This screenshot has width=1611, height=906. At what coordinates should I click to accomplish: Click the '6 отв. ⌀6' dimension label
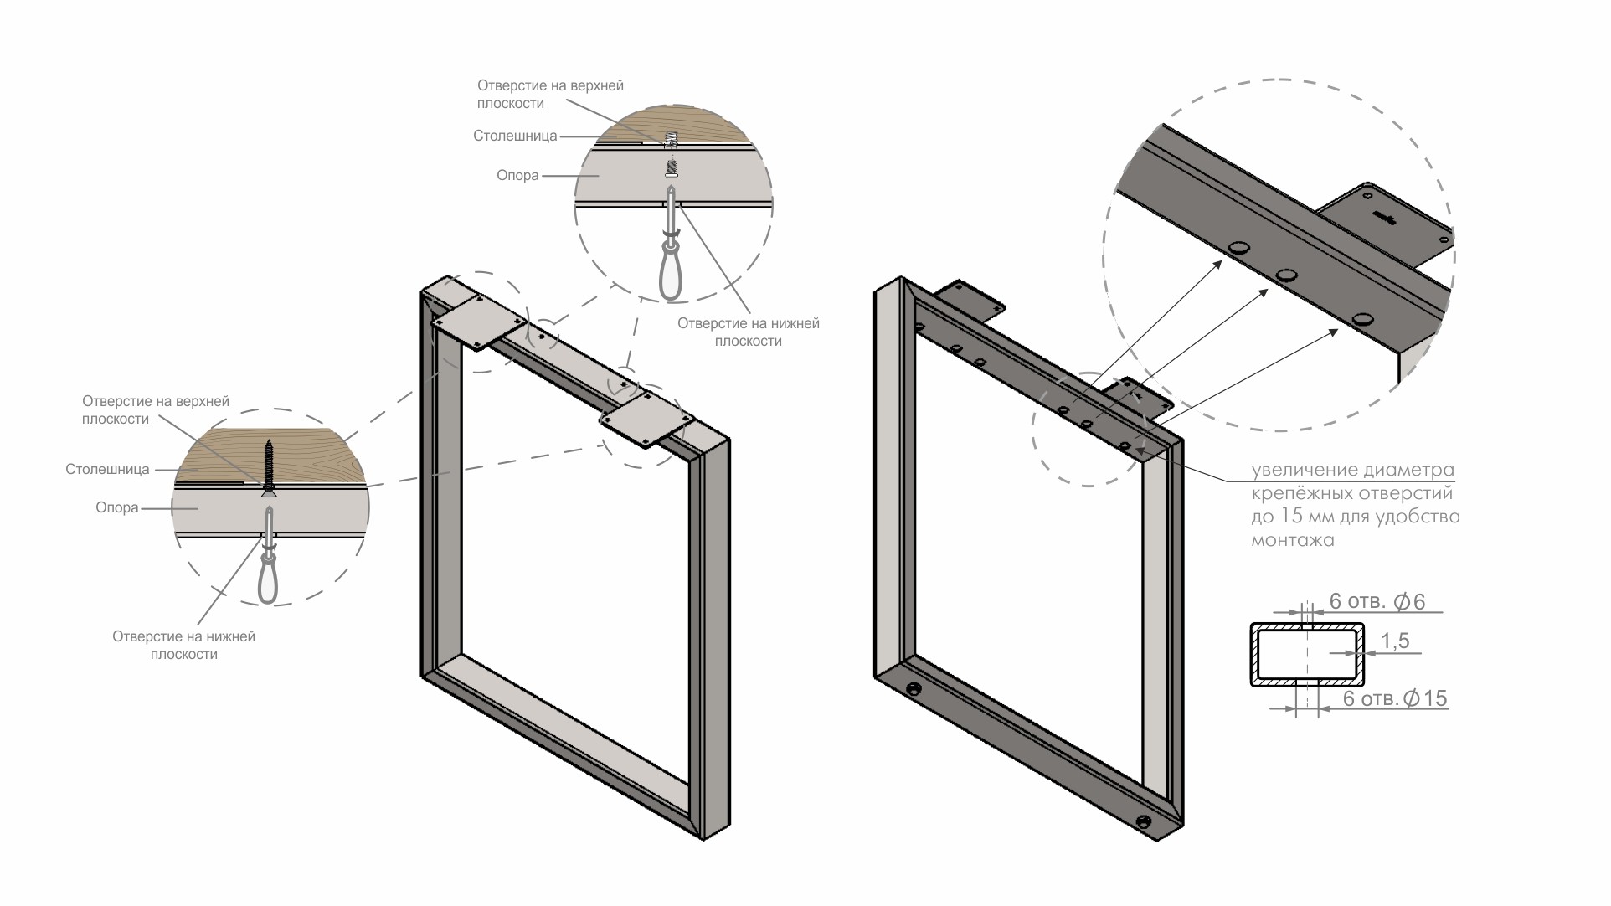[x=1377, y=602]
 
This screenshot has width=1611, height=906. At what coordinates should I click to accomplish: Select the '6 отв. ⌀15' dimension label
[x=1395, y=698]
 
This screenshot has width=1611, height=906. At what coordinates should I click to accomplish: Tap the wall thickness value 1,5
[x=1395, y=641]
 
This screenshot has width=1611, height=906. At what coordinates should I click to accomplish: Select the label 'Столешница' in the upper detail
[x=515, y=136]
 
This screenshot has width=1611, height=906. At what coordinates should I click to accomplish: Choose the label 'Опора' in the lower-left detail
[x=117, y=507]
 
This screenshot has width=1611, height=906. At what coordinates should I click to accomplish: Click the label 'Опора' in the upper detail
[x=517, y=176]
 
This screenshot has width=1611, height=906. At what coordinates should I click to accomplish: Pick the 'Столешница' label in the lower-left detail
[x=107, y=470]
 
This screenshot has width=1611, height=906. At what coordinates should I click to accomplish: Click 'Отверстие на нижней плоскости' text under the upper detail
[x=748, y=332]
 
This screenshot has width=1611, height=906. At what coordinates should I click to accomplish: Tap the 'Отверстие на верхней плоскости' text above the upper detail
[x=550, y=95]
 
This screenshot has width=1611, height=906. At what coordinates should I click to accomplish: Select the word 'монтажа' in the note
[x=1292, y=540]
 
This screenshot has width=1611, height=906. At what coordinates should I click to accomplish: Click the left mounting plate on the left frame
[x=478, y=322]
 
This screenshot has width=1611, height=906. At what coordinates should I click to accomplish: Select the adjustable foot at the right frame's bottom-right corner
[x=1143, y=821]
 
